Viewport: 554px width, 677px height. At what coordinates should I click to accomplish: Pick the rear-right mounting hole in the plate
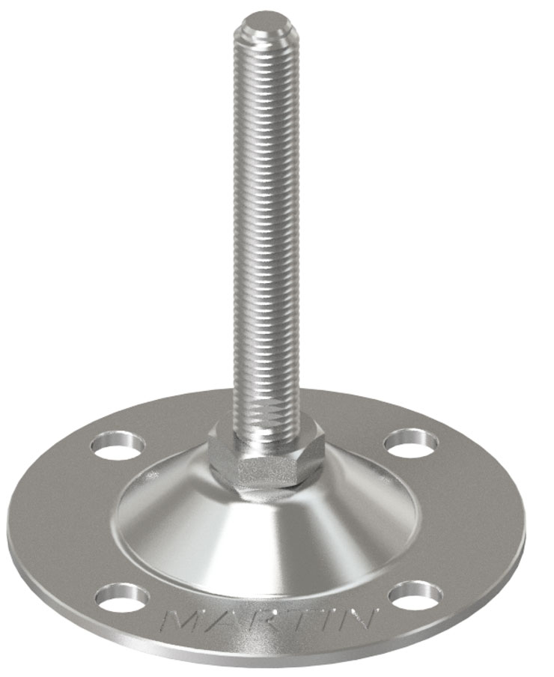coord(411,443)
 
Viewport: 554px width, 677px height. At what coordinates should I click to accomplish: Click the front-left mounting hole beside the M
coord(122,596)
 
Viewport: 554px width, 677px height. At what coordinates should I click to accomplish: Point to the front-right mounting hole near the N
coord(415,594)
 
